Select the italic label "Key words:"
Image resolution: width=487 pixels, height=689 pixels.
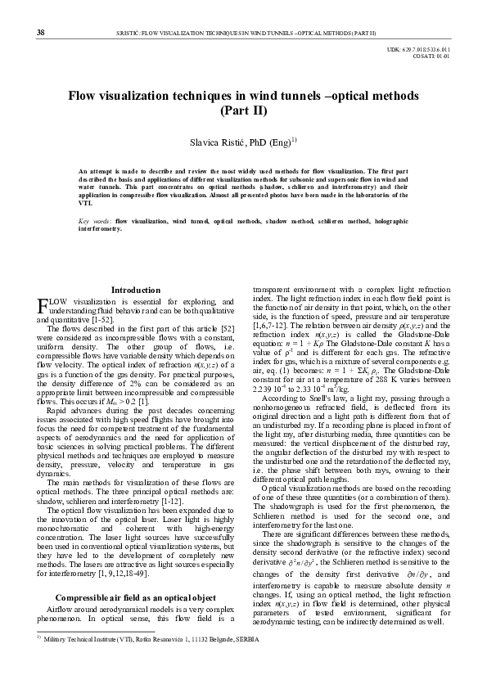[95, 222]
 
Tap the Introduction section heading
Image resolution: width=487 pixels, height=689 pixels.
[136, 290]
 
